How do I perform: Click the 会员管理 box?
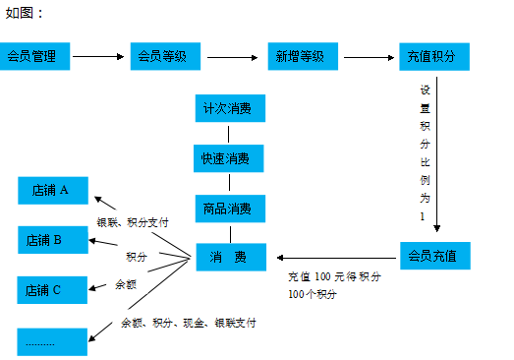click(x=35, y=56)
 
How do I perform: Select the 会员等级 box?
click(x=164, y=56)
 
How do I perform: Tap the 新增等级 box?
click(x=301, y=56)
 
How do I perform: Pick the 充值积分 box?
click(x=433, y=56)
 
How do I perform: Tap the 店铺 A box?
click(x=53, y=190)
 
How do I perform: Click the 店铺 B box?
click(x=53, y=239)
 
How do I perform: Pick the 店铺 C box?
click(x=53, y=289)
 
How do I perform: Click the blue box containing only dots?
click(x=53, y=341)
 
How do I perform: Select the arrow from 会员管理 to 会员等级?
click(x=98, y=56)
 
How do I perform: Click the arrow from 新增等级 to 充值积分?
click(x=368, y=56)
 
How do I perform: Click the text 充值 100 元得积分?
click(x=334, y=277)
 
